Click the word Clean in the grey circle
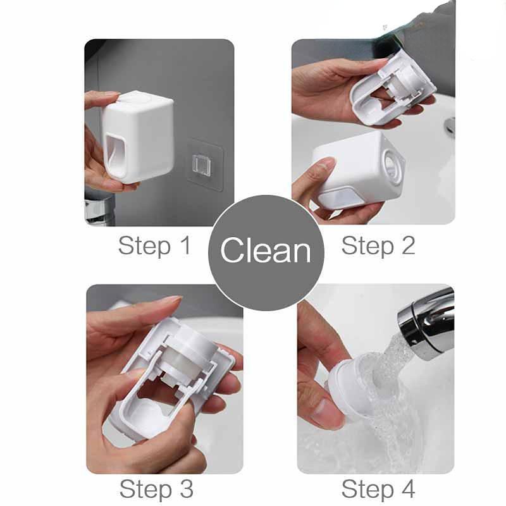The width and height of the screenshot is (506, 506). tap(266, 250)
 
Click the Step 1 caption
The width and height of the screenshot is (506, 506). tap(155, 246)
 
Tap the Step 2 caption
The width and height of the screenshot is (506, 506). tap(378, 246)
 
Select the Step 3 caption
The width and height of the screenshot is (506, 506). tap(156, 489)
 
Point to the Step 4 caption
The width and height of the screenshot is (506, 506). tap(378, 489)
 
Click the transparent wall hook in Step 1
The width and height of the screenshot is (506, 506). tap(202, 165)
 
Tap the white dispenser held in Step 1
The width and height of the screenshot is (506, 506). tap(139, 137)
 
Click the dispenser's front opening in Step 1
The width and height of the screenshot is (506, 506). tap(116, 157)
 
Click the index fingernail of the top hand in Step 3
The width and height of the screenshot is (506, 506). tap(173, 299)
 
